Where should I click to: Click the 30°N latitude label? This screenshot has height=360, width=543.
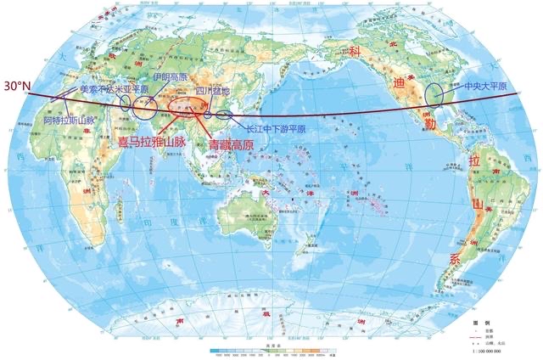[16, 86]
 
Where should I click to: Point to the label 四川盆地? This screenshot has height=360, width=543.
[212, 88]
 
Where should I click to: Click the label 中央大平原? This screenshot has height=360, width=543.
[485, 87]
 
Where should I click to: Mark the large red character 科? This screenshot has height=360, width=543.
[357, 53]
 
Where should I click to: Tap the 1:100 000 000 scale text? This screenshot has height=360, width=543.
[495, 348]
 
